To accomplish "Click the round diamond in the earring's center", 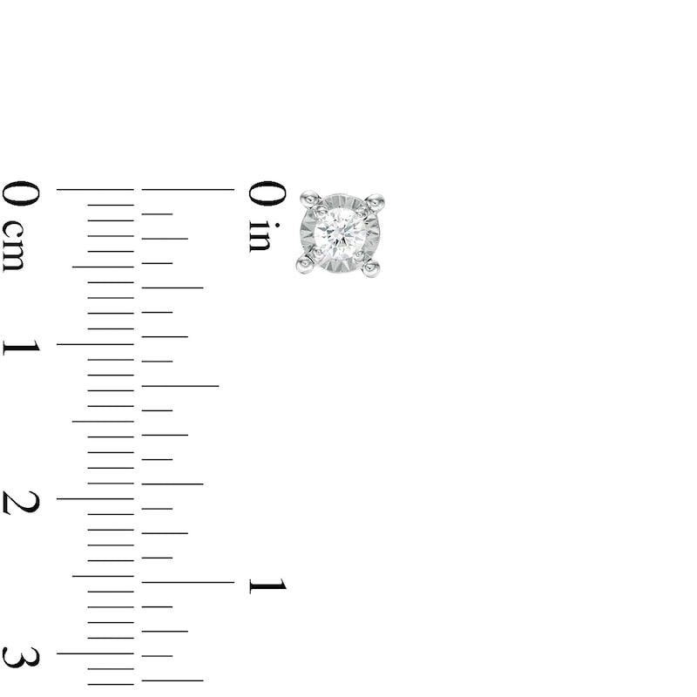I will [x=340, y=233].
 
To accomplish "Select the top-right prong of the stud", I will [x=375, y=202].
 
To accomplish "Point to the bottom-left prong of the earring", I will [x=305, y=263].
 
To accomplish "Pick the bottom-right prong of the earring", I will [x=371, y=267].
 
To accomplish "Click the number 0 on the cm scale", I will [x=20, y=193].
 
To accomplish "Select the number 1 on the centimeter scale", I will [x=21, y=347].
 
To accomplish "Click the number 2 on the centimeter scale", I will [x=21, y=503].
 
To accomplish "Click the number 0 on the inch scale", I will [x=267, y=193].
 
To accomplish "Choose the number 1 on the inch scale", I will [x=267, y=585].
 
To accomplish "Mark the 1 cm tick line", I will [x=95, y=344].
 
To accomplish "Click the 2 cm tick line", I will [x=95, y=498].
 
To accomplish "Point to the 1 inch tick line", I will [x=187, y=582].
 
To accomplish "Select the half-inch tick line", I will [x=179, y=385].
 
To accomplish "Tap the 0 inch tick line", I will [x=187, y=189].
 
